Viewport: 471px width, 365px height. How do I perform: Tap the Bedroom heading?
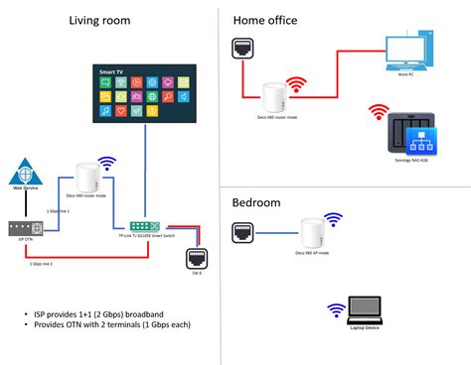256,202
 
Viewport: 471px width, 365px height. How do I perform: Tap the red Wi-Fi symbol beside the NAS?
377,113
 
